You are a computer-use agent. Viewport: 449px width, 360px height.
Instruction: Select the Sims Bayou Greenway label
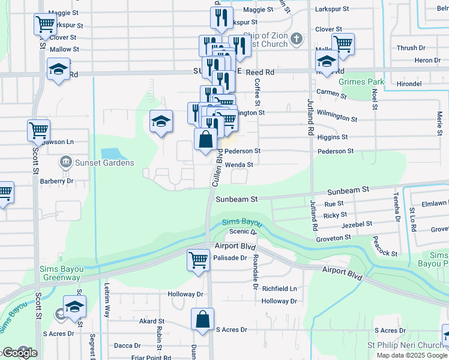pyautogui.click(x=60, y=273)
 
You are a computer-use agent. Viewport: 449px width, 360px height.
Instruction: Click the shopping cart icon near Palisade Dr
pyautogui.click(x=199, y=260)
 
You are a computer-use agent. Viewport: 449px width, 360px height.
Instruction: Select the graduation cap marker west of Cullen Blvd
pyautogui.click(x=161, y=122)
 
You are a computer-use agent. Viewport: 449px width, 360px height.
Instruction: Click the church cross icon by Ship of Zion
pyautogui.click(x=296, y=40)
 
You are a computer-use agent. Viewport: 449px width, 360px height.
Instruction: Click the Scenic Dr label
pyautogui.click(x=243, y=232)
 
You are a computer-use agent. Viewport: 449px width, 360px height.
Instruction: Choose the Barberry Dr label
pyautogui.click(x=56, y=181)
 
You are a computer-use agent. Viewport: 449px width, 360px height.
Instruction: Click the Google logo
pyautogui.click(x=19, y=353)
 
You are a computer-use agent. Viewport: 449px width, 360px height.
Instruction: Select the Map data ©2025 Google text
pyautogui.click(x=411, y=355)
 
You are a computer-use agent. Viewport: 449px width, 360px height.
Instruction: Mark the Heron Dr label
pyautogui.click(x=427, y=61)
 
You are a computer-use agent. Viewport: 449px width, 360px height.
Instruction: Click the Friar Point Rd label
pyautogui.click(x=151, y=358)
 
